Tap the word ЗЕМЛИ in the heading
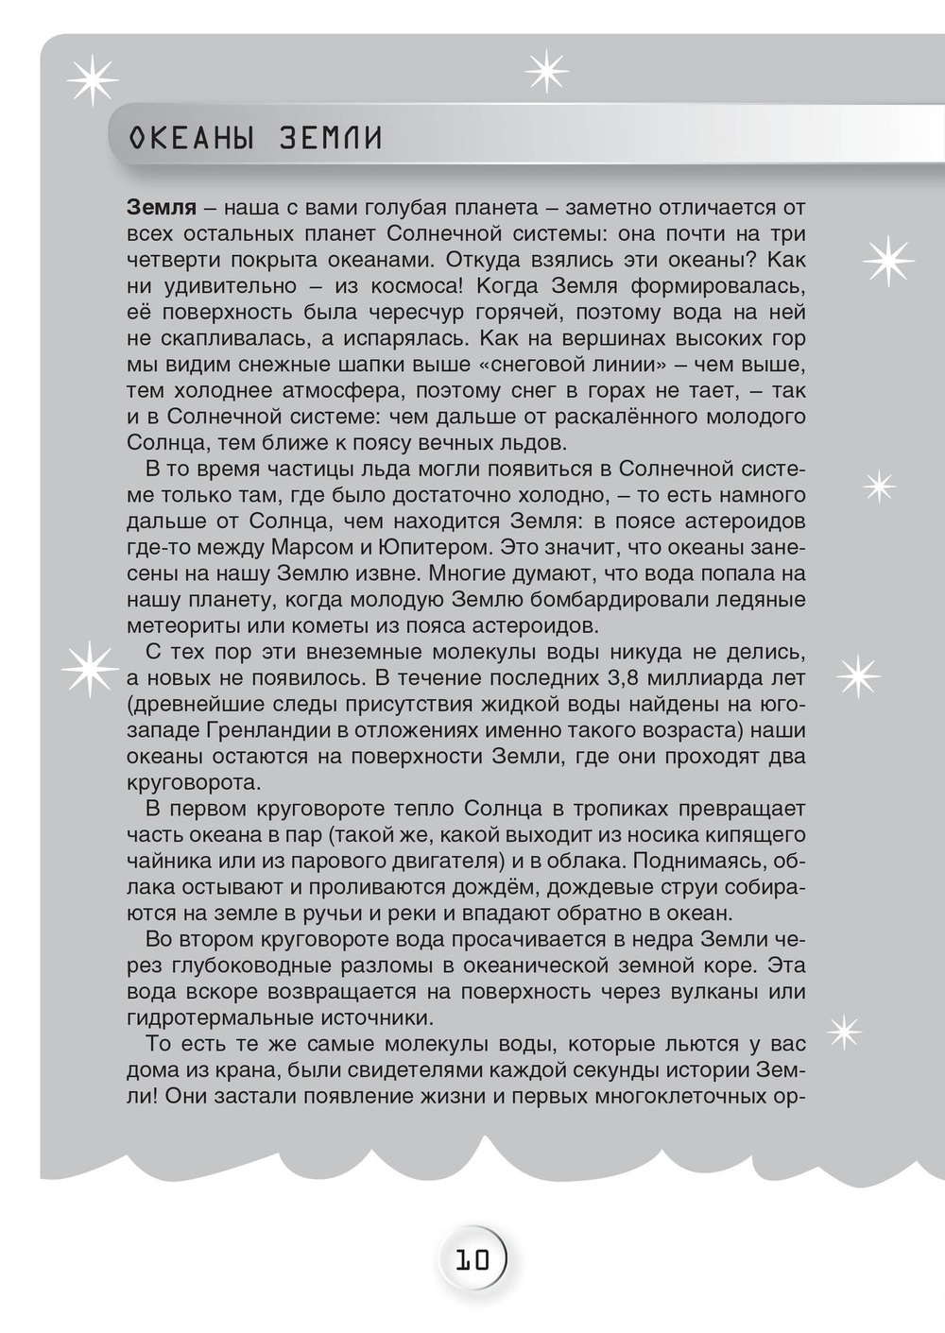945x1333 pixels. (331, 139)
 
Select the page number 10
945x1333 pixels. (472, 1259)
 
